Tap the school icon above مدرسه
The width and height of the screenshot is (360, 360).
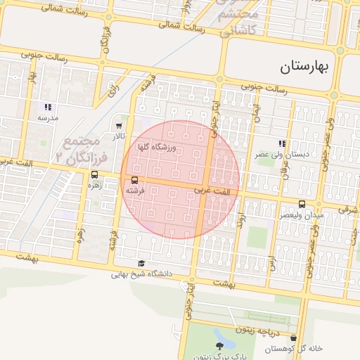[48, 108]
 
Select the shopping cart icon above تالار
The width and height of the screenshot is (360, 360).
[119, 126]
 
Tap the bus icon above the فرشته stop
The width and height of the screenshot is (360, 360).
[135, 180]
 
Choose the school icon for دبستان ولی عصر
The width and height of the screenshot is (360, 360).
[282, 143]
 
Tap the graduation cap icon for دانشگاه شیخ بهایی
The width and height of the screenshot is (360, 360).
[141, 264]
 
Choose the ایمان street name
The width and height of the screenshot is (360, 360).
[256, 110]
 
